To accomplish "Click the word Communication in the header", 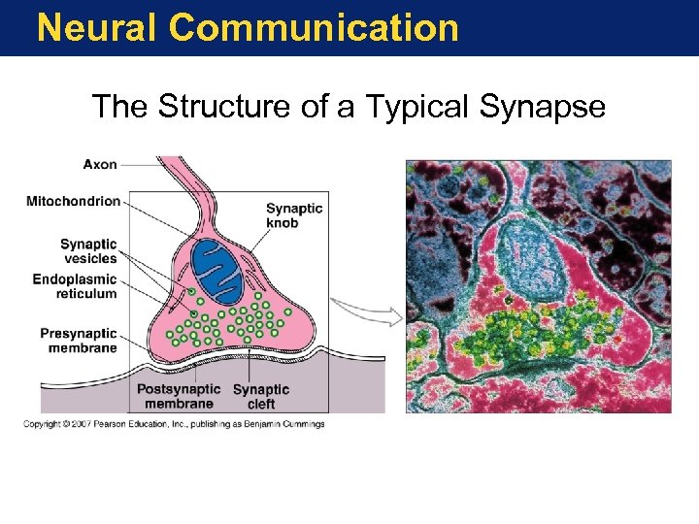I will pos(313,27).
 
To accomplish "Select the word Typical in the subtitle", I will pos(407,106).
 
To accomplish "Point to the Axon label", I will pos(100,164).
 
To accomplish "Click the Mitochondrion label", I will pos(74,202).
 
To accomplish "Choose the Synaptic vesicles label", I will pos(88,251).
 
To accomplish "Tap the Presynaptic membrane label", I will pos(79,341).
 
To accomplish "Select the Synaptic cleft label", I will pos(261,396).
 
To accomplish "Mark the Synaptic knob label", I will pos(295,215).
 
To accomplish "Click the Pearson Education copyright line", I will pos(175,424).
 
